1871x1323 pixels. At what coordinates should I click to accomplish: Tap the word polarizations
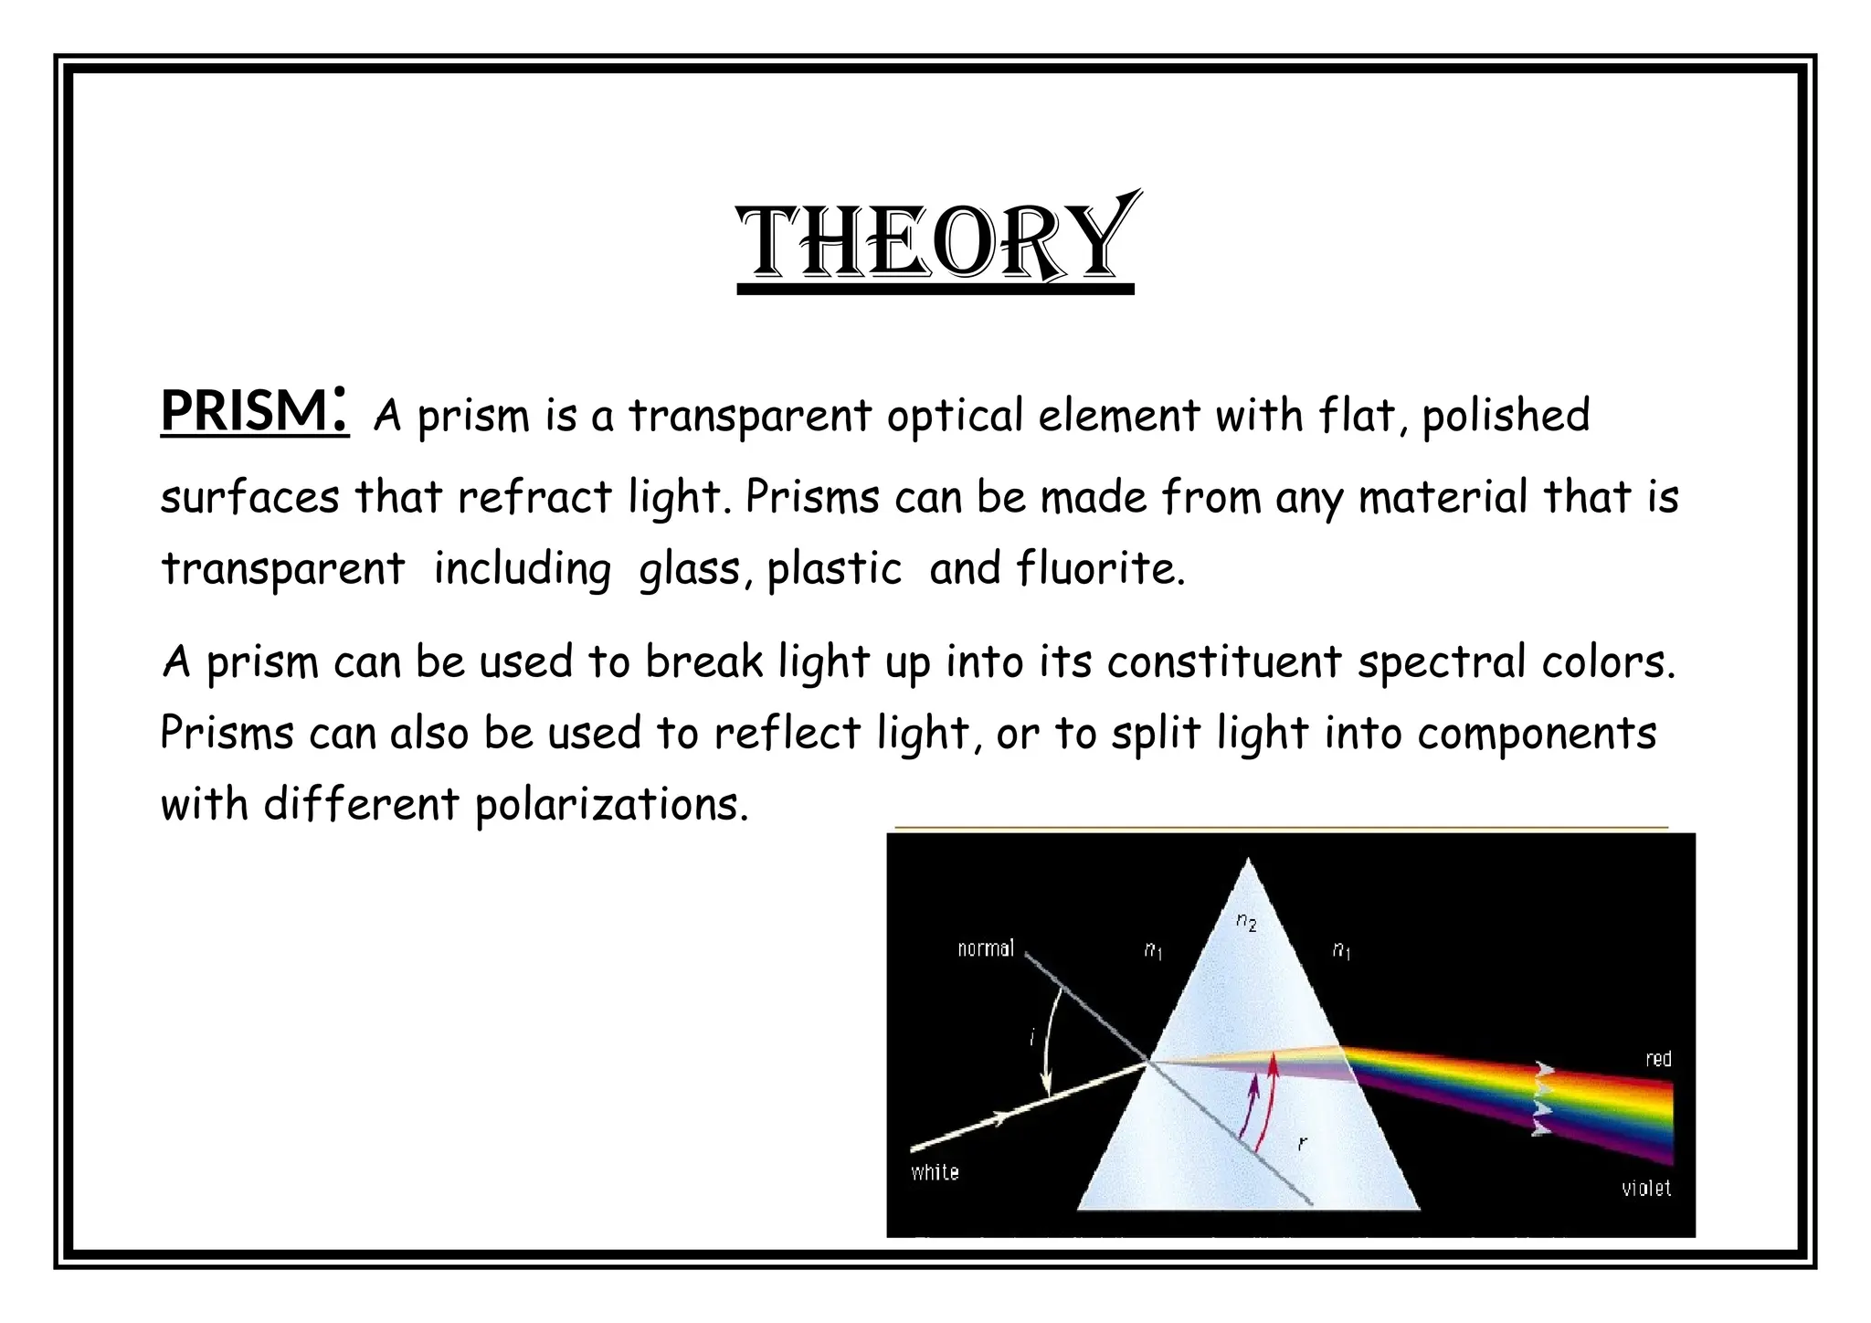pos(611,805)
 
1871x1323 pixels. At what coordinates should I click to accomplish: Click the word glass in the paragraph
pos(690,570)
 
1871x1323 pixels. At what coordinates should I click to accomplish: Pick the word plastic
pos(834,569)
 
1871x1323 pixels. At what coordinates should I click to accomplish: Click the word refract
pos(534,498)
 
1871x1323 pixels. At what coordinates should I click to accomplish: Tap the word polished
pos(1506,416)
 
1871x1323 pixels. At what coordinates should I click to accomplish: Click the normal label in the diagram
pos(986,948)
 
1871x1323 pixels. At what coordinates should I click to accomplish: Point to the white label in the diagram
pos(935,1172)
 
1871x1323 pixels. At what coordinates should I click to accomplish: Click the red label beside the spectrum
pos(1658,1059)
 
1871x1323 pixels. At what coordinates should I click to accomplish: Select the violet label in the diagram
pos(1646,1189)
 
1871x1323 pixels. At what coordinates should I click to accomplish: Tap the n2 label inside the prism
pos(1246,922)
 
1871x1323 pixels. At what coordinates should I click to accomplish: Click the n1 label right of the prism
pos(1341,951)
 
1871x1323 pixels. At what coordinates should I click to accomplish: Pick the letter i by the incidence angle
pos(1032,1037)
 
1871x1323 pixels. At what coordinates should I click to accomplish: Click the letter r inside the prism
pos(1302,1142)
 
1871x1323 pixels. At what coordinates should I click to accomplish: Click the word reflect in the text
pos(787,733)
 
